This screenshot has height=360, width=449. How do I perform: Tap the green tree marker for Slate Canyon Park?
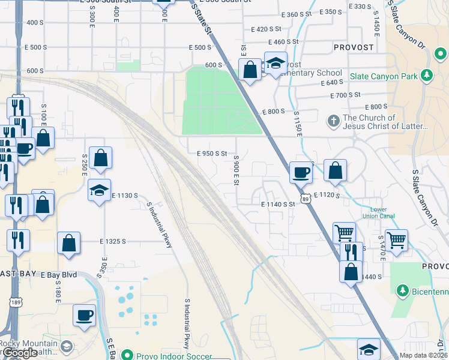pos(427,75)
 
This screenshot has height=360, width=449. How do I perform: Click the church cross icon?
pos(334,121)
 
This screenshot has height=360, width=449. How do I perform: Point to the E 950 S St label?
pos(212,154)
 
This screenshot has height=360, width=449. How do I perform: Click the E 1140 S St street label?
pos(279,204)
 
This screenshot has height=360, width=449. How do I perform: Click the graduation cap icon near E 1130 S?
pos(99,190)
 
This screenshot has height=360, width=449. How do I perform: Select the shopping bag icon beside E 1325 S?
pos(69,243)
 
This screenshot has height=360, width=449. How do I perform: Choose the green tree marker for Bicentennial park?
pos(403,292)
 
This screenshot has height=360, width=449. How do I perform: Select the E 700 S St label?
pos(345,95)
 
